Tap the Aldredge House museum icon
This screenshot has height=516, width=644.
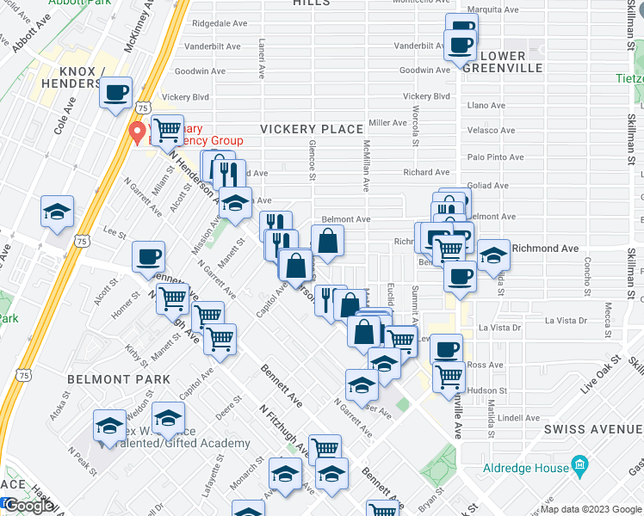[x=579, y=468]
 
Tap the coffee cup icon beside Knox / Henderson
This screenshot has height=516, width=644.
[x=115, y=92]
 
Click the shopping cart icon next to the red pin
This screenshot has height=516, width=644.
[x=168, y=129]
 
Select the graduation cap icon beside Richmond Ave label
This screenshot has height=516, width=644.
[x=492, y=255]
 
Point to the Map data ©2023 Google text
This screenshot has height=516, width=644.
[x=591, y=509]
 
